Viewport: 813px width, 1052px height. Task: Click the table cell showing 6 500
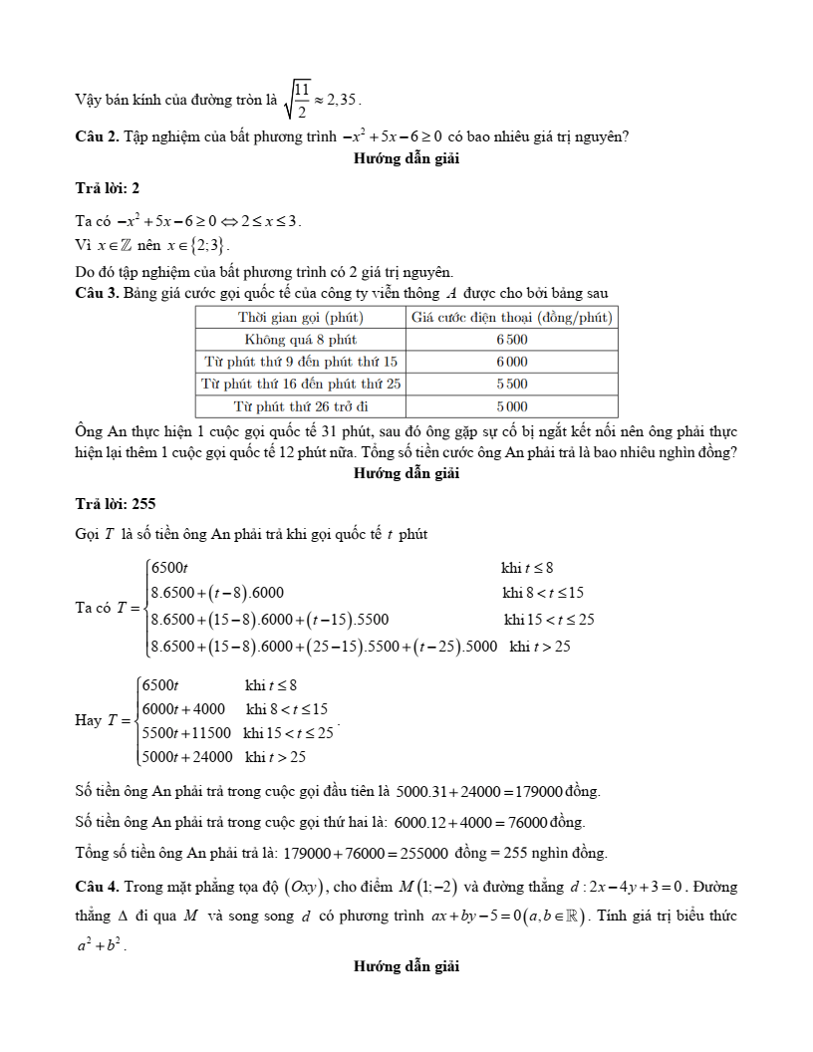pyautogui.click(x=512, y=340)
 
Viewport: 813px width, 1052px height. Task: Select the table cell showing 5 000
pyautogui.click(x=512, y=406)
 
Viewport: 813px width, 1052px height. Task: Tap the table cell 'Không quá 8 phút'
pyautogui.click(x=300, y=340)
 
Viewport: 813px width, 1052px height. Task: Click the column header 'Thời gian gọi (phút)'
pyautogui.click(x=300, y=318)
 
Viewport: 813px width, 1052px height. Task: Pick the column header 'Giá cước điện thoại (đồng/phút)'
pyautogui.click(x=512, y=318)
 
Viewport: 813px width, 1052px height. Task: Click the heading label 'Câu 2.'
pyautogui.click(x=97, y=136)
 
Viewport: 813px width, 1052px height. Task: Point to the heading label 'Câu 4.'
pyautogui.click(x=97, y=887)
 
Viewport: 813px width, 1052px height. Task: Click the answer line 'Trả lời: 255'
pyautogui.click(x=116, y=503)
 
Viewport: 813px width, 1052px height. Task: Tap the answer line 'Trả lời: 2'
pyautogui.click(x=108, y=188)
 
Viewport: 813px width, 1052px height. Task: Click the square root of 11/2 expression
pyautogui.click(x=297, y=100)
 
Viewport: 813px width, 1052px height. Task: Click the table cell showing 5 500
pyautogui.click(x=512, y=384)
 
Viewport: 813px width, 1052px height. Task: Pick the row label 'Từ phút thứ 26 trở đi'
pyautogui.click(x=300, y=406)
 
